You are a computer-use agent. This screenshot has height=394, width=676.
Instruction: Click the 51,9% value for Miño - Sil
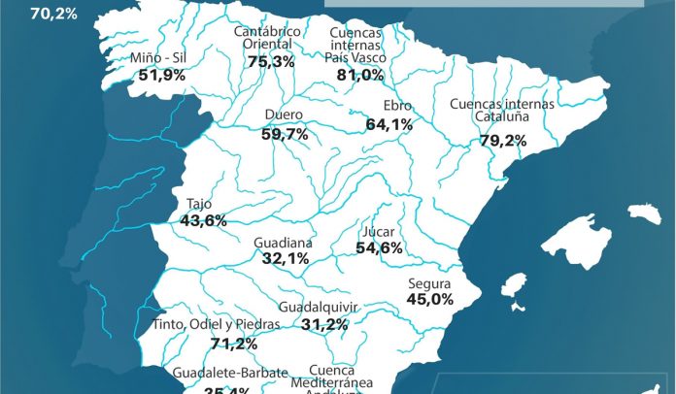[x=162, y=74]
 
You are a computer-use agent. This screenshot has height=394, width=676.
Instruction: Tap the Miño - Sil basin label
[x=157, y=57]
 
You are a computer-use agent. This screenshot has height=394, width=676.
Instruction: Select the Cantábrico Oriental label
[x=268, y=39]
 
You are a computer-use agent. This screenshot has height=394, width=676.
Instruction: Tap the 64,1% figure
[x=389, y=124]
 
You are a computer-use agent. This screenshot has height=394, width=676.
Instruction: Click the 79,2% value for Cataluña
[x=503, y=141]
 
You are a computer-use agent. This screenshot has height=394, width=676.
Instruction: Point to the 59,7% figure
[x=285, y=134]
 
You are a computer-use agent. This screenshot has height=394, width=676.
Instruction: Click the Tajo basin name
[x=199, y=205]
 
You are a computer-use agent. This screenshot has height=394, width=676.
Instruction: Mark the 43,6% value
[x=203, y=220]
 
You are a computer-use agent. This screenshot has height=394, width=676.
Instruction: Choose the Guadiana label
[x=283, y=242]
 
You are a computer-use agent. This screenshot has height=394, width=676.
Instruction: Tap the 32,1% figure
[x=286, y=258]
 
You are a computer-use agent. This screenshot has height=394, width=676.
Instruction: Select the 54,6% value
[x=379, y=248]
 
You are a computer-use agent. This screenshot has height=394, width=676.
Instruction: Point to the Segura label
[x=428, y=282]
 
